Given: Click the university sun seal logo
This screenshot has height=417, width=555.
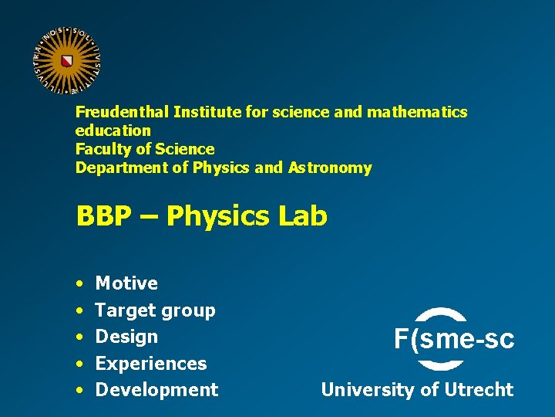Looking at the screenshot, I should [67, 60].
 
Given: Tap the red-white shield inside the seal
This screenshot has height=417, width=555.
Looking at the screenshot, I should [67, 60].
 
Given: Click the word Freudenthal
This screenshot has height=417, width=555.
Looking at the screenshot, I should [122, 112].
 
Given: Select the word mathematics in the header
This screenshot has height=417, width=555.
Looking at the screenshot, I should [417, 112].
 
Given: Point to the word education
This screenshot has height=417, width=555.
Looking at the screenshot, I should [113, 131].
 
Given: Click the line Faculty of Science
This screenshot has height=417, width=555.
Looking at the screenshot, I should [145, 149].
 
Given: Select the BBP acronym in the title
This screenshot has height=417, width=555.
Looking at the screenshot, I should [103, 216].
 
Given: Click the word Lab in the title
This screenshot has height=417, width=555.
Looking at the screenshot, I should [302, 216].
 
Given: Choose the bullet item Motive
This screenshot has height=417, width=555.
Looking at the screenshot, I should [126, 283].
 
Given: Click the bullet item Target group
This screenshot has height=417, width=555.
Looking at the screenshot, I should [155, 310].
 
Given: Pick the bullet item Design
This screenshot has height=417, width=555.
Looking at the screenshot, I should [126, 337].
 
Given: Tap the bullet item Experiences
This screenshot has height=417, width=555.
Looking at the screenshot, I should [151, 363].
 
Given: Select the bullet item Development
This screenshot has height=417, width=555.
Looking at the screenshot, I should [156, 390].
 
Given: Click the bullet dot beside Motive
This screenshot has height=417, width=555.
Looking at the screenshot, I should [80, 284].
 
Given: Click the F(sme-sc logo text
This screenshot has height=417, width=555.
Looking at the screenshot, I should [453, 339].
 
